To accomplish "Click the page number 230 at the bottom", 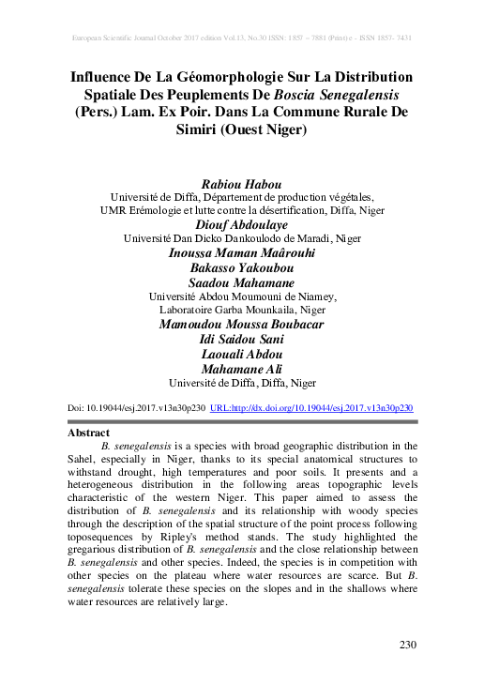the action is [406, 646].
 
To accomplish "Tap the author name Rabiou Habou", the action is [242, 184].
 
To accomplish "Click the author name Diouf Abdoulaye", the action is [242, 225].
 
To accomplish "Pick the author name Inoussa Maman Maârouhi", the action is [242, 253].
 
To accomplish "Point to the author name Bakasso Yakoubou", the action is [242, 267].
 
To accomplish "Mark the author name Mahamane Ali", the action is [242, 369].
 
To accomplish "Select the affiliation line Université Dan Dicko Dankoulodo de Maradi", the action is [242, 239].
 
